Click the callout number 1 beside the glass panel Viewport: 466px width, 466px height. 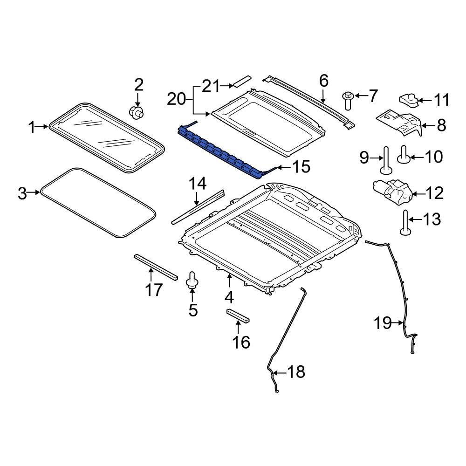32,127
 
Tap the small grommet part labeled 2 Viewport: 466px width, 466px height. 136,111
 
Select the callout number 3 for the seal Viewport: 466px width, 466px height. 22,193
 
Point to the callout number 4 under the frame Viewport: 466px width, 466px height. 229,297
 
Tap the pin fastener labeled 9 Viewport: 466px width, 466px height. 386,159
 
